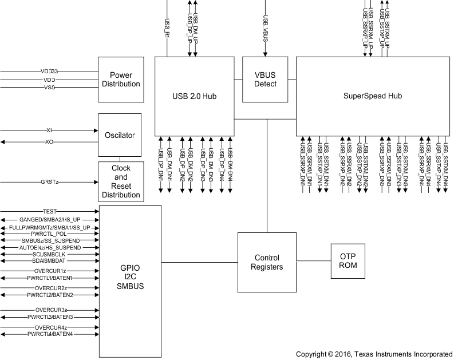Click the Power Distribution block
click(120, 80)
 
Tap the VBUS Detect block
click(265, 80)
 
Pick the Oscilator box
click(120, 136)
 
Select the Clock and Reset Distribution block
click(120, 181)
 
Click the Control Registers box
click(267, 262)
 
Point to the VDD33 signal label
click(50, 72)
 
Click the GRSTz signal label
click(49, 182)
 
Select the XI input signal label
click(49, 131)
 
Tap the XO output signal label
click(49, 141)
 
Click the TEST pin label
click(50, 211)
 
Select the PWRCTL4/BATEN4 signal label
click(51, 334)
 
